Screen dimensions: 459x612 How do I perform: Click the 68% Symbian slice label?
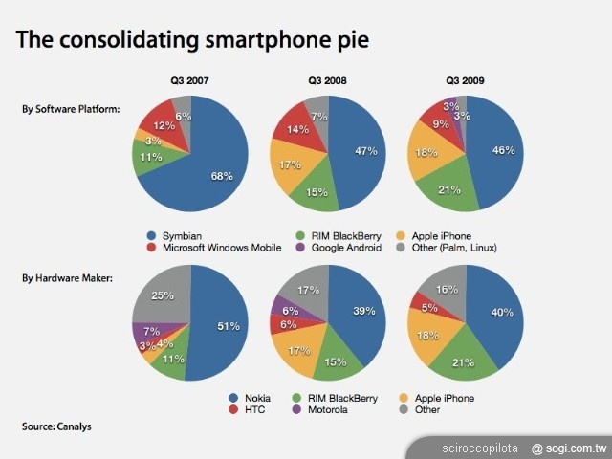coord(222,175)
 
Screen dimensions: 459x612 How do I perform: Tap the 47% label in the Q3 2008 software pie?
coord(363,150)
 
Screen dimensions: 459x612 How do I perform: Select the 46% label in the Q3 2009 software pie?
coord(503,150)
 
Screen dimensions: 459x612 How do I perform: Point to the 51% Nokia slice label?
coord(228,326)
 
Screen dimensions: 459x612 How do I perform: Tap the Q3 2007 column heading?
coord(189,81)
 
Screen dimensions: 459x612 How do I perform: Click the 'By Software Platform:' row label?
coord(71,109)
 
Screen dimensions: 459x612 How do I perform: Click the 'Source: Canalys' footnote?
coord(58,426)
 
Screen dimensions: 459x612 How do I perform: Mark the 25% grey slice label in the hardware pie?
coord(162,296)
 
